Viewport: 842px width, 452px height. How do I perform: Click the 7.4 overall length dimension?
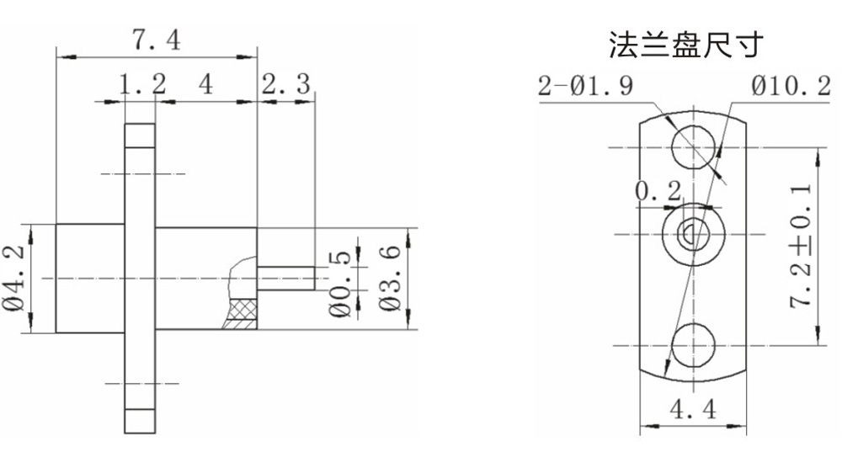pos(156,40)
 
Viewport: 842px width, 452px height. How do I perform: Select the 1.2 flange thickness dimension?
pos(141,84)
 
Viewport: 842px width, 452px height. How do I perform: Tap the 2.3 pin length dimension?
pos(286,84)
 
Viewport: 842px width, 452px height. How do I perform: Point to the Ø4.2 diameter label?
pos(15,279)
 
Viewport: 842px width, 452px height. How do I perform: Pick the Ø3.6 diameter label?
pos(389,279)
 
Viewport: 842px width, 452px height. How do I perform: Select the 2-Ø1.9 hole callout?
pos(585,87)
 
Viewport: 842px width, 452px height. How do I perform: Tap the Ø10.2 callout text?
pos(789,87)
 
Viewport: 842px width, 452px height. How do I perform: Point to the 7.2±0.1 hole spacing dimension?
pos(805,245)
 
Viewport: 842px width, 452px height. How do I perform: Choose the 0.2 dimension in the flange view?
pos(658,192)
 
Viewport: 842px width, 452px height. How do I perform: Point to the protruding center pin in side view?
pos(286,278)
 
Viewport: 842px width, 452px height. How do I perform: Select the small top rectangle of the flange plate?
pos(141,135)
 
